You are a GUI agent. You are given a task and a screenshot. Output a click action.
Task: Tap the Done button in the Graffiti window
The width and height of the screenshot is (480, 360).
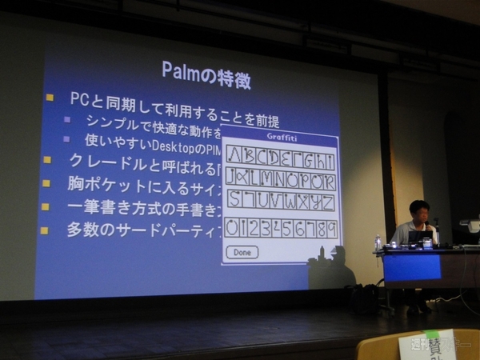click(x=242, y=252)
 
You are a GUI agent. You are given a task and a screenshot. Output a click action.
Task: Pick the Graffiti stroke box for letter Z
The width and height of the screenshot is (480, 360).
click(x=327, y=201)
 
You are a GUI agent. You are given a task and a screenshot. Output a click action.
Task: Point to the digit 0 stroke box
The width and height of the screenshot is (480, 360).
click(x=233, y=228)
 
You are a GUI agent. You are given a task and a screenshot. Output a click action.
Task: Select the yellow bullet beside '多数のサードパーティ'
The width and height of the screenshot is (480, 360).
click(x=45, y=230)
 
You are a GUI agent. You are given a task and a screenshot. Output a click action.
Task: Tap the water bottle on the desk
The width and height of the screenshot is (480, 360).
click(x=378, y=243)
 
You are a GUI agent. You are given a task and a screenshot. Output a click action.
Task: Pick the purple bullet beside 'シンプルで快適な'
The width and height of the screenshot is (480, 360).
click(x=67, y=120)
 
